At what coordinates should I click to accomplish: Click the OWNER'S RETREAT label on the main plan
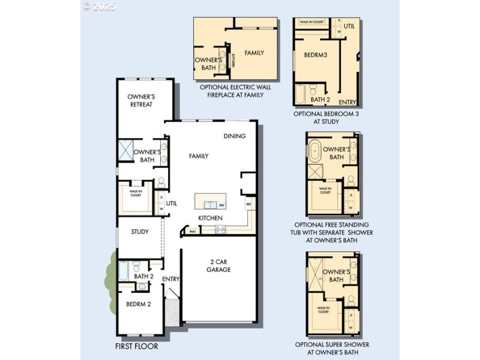click(x=141, y=100)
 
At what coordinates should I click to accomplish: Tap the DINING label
click(x=235, y=136)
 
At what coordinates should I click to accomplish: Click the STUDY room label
click(x=140, y=232)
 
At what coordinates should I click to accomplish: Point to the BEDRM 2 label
click(x=139, y=304)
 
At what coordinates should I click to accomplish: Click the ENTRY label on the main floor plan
click(x=171, y=279)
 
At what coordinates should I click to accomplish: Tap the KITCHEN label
click(x=211, y=218)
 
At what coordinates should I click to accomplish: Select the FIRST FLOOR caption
click(x=136, y=346)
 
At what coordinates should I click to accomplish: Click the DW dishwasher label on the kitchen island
click(x=221, y=205)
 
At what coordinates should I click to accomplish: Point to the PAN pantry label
click(x=193, y=230)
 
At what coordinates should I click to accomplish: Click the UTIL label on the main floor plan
click(x=172, y=203)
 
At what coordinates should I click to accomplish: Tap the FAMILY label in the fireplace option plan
click(x=254, y=53)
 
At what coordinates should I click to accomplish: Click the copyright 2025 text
click(x=100, y=7)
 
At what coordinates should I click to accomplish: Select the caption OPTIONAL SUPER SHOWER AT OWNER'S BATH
click(x=332, y=349)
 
